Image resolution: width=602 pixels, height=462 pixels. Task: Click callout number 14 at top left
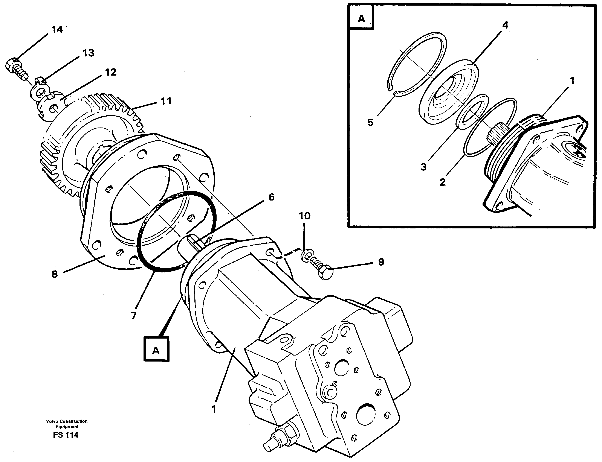click(x=57, y=30)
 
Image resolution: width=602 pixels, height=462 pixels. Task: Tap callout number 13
click(x=89, y=53)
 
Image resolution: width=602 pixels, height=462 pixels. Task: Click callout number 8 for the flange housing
click(x=55, y=274)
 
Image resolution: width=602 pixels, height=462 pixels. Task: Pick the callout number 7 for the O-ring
click(x=134, y=315)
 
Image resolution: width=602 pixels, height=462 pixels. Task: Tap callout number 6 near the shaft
click(x=271, y=197)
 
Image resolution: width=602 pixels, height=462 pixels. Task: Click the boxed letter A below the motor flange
click(x=156, y=350)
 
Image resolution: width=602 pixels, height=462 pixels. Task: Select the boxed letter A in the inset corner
click(x=361, y=19)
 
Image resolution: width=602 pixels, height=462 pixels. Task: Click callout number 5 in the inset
click(x=370, y=122)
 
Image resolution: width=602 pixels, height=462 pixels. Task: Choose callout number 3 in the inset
click(x=423, y=167)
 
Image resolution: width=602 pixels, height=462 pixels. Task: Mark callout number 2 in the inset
click(x=442, y=182)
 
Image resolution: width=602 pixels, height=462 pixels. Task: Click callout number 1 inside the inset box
click(x=572, y=81)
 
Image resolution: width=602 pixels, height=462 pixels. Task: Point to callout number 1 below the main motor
click(x=214, y=409)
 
